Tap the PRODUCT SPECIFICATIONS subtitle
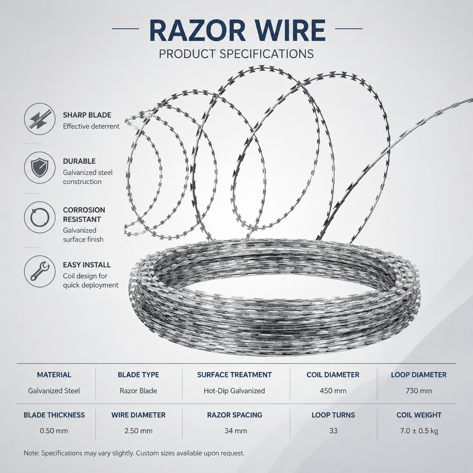click(x=236, y=54)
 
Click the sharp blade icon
click(x=40, y=119)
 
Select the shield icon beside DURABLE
click(x=40, y=168)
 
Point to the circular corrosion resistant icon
click(x=40, y=217)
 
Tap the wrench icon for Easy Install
click(x=40, y=271)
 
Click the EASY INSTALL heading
click(x=87, y=265)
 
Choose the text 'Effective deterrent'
click(x=91, y=127)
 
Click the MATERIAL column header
click(x=54, y=374)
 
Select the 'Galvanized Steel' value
click(x=54, y=391)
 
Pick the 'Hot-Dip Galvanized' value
click(x=235, y=391)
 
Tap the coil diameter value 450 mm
click(x=333, y=391)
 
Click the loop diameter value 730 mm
click(x=419, y=391)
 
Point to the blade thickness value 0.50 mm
click(x=54, y=431)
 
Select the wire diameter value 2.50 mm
click(x=138, y=431)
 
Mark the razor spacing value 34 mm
click(x=236, y=431)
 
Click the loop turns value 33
click(x=334, y=431)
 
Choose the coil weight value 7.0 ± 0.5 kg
click(x=419, y=431)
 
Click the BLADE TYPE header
click(x=138, y=374)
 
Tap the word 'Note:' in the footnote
click(x=32, y=453)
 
